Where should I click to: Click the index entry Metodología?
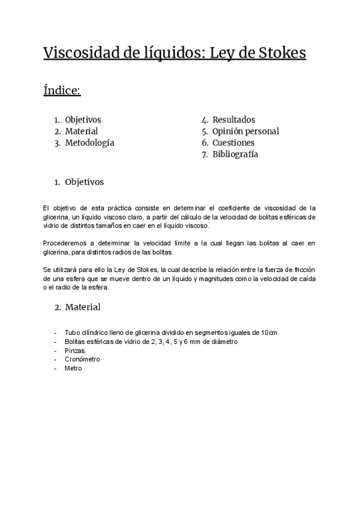pos(89,143)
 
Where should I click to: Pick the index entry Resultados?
pos(233,120)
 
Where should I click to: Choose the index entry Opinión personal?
pos(245,131)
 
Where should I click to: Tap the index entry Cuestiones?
pos(233,143)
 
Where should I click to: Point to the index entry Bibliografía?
pos(235,154)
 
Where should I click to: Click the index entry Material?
pos(82,131)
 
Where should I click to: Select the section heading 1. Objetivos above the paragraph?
pos(79,181)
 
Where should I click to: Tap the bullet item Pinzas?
pos(75,351)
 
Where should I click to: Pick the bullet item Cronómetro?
pos(82,360)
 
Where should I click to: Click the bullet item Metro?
pos(73,369)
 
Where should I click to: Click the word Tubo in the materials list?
pos(72,333)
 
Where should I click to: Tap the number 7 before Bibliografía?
pos(205,154)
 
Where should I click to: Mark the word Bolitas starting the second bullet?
pos(75,342)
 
